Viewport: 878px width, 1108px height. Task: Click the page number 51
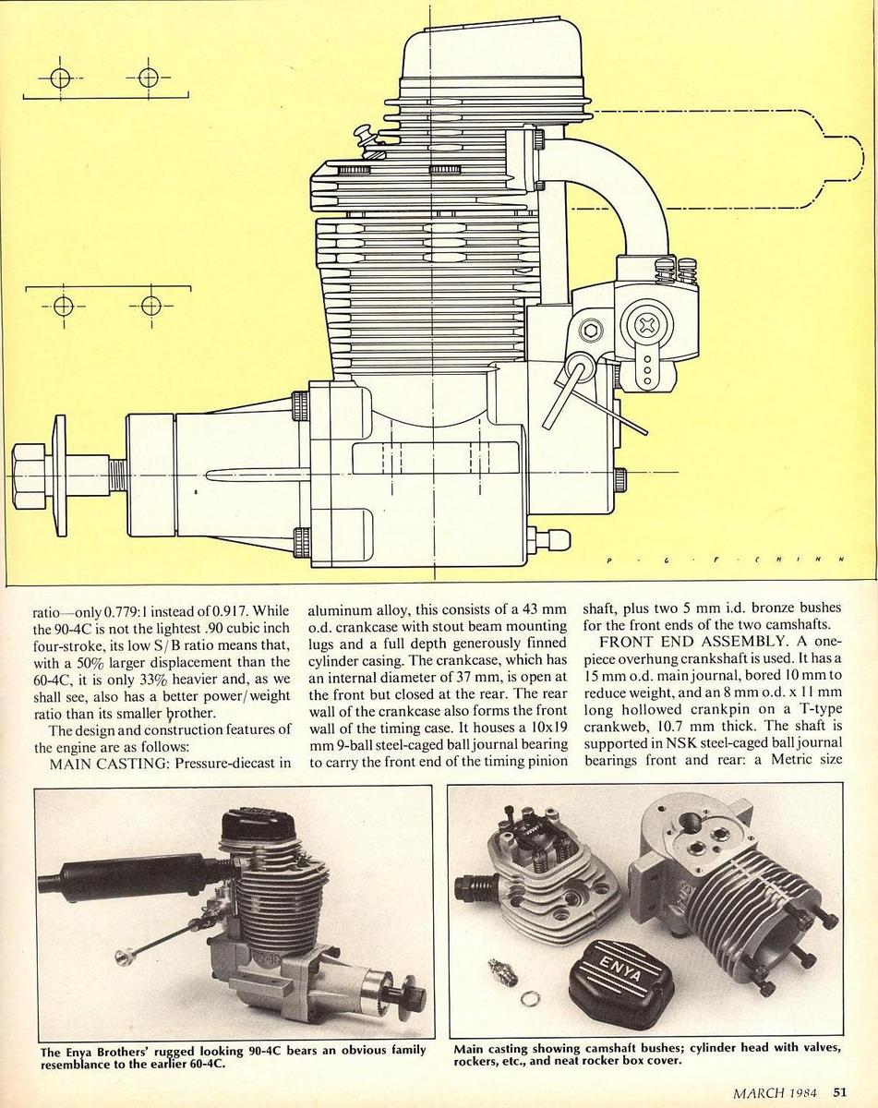pos(841,1091)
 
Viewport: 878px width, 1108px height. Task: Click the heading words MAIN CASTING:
pos(111,763)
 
